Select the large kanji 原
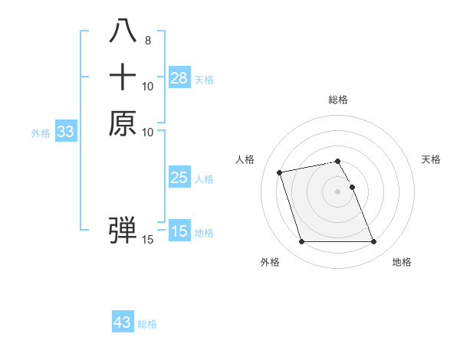point(123,123)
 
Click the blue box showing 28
point(179,77)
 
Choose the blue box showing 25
point(179,178)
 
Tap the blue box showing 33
point(66,132)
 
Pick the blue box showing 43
point(123,322)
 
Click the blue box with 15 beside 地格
point(179,231)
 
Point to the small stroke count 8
point(147,41)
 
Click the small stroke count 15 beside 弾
point(148,241)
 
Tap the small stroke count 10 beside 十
point(148,87)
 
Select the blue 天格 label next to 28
point(204,79)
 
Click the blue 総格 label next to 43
point(147,324)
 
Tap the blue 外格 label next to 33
point(41,133)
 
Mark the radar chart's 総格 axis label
point(338,100)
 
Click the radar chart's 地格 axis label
point(402,262)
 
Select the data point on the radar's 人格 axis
point(280,172)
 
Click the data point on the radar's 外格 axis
point(301,242)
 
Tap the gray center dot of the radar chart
point(338,191)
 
